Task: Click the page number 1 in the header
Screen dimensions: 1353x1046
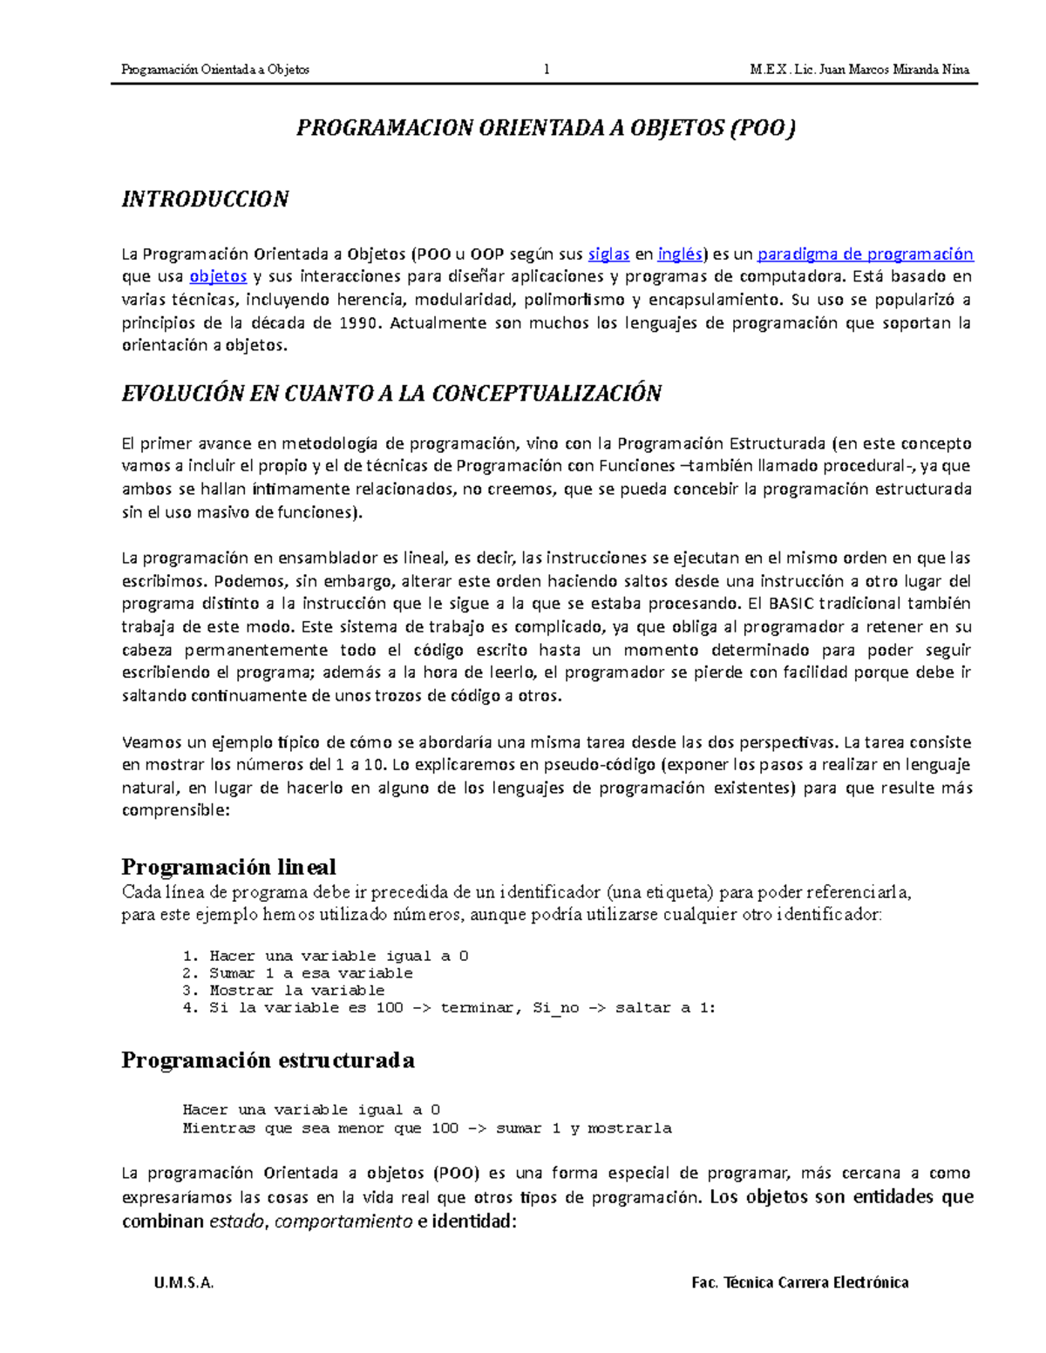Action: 547,70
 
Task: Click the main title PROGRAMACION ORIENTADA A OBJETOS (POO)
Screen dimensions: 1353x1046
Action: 547,129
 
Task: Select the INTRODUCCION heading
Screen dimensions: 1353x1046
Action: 205,200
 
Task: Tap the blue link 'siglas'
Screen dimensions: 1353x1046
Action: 608,254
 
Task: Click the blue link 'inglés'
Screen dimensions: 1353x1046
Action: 679,254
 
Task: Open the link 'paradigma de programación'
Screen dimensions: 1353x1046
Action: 865,254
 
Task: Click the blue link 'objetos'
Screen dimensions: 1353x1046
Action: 218,277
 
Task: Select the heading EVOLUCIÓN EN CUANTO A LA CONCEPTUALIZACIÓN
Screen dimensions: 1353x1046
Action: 391,394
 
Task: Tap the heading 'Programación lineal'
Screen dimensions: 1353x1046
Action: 228,867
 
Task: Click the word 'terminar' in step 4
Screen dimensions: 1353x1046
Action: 479,1008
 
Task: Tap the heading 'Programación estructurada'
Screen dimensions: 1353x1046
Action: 268,1060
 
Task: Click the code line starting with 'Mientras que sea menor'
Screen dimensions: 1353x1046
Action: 427,1128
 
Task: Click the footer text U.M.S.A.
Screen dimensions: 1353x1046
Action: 183,1282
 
